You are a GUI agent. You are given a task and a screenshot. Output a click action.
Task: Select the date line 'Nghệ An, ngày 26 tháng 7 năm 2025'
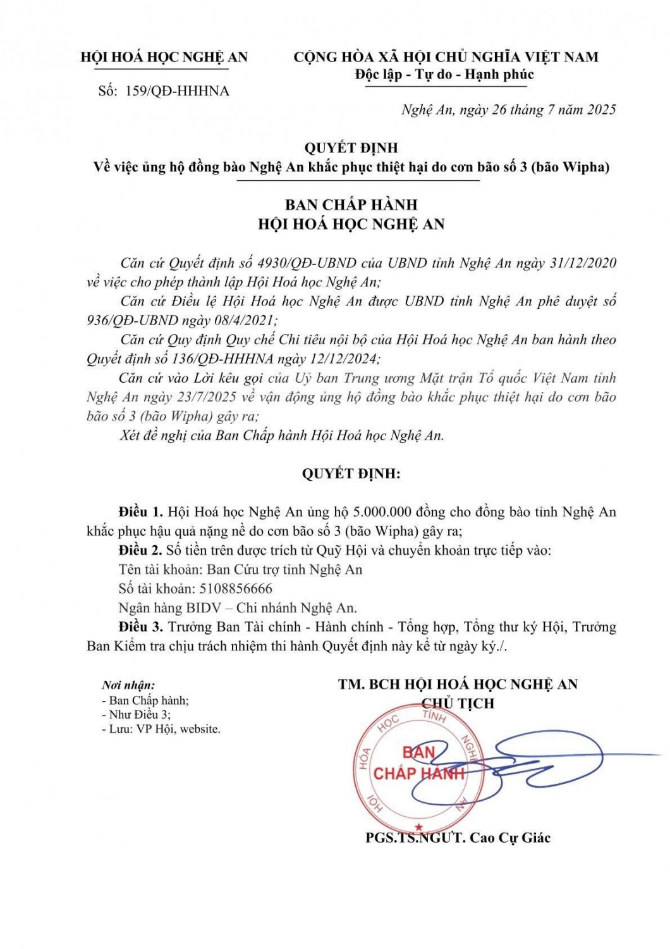click(508, 110)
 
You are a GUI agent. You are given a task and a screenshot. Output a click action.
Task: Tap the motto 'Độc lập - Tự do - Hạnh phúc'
click(444, 75)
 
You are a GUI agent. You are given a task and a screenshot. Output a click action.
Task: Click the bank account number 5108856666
click(236, 588)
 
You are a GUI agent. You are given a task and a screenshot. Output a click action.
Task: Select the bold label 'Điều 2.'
click(140, 550)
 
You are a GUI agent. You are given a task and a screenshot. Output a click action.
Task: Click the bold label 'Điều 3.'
click(140, 627)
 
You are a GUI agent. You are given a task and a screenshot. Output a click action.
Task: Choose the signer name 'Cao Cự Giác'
click(510, 838)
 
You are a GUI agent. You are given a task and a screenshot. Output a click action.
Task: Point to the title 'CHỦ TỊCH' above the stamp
click(458, 703)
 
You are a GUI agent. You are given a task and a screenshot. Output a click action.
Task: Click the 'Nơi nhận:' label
click(128, 685)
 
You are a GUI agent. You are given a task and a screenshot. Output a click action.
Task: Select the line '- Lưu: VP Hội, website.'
click(161, 729)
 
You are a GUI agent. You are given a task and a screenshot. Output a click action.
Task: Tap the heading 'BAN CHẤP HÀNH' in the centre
click(351, 205)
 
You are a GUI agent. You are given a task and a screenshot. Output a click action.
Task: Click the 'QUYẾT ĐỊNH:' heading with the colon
click(351, 474)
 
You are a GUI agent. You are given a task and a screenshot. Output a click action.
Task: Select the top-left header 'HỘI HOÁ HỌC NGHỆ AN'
click(164, 58)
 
